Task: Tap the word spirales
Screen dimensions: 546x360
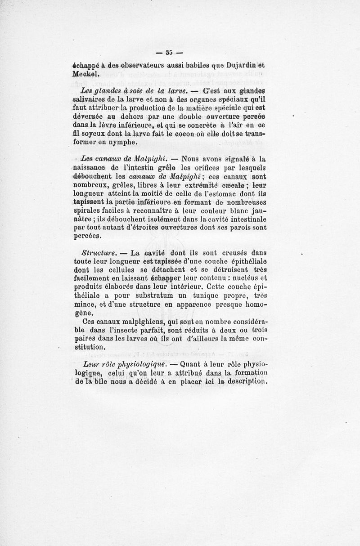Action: (x=87, y=211)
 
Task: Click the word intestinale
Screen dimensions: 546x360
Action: (x=247, y=219)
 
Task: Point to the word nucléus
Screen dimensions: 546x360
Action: (x=240, y=279)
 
